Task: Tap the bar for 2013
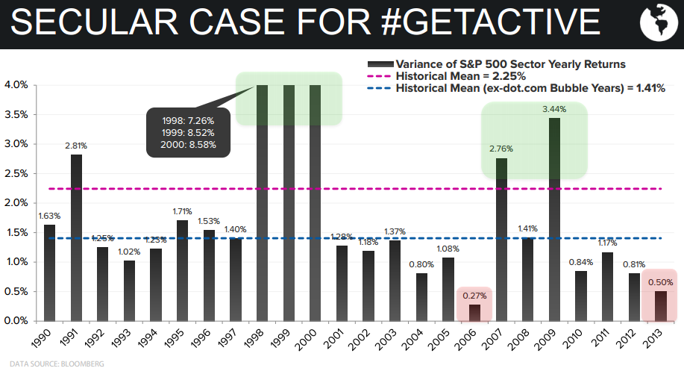[661, 305]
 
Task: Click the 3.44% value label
[554, 109]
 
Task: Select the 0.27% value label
[475, 295]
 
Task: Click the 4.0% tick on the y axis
[16, 85]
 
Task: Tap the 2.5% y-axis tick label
[16, 173]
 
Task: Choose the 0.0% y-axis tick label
[16, 321]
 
